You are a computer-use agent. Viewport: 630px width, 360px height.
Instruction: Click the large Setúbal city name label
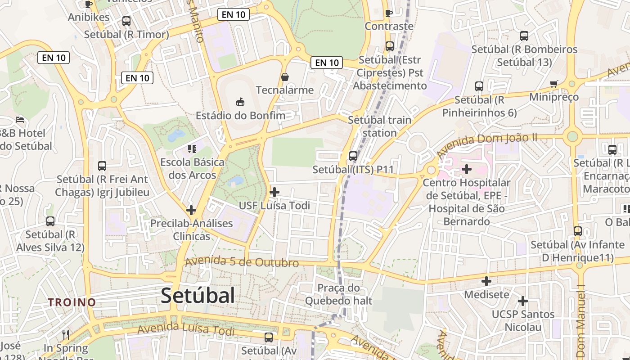point(198,296)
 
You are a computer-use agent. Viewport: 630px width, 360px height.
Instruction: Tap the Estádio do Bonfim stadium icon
point(240,102)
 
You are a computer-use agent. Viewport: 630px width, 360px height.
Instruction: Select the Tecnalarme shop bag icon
point(285,77)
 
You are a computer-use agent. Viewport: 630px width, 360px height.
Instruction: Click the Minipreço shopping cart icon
point(553,84)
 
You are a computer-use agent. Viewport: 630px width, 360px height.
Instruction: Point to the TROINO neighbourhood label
point(72,302)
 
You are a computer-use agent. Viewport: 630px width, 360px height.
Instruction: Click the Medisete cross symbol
point(486,281)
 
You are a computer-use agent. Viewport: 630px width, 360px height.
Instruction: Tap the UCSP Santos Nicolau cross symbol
point(522,301)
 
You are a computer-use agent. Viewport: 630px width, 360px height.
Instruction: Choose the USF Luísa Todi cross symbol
point(274,192)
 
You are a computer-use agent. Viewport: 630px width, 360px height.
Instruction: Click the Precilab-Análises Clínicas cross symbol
point(191,210)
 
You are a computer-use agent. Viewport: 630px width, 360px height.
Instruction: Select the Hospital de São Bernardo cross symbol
point(467,169)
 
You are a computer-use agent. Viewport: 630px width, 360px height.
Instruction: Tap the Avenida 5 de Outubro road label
point(242,262)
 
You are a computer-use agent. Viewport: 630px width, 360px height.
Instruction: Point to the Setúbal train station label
point(379,126)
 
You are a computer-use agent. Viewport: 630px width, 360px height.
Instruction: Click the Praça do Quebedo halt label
point(338,294)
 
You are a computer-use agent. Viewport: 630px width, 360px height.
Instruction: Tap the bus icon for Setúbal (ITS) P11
point(353,156)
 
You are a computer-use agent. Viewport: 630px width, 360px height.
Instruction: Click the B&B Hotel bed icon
point(20,120)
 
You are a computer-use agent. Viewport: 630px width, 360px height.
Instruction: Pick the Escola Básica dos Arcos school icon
point(192,148)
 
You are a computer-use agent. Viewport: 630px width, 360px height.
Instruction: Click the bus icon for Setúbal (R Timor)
point(126,21)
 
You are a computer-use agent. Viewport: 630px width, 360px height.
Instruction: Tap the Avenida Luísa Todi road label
point(186,329)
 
